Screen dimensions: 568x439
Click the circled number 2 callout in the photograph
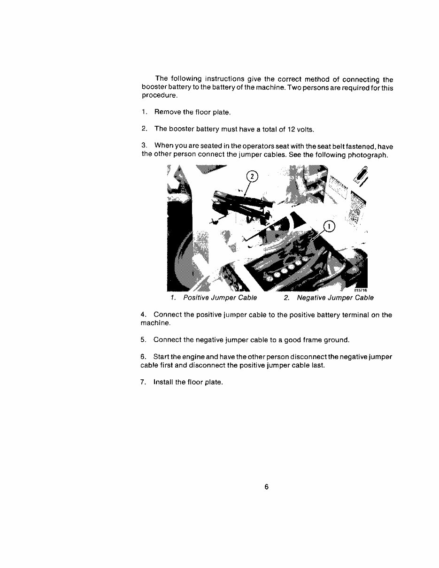click(x=253, y=177)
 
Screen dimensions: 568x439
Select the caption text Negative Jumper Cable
click(x=335, y=298)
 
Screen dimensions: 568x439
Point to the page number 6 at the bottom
click(x=266, y=487)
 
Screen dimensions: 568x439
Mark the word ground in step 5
click(x=337, y=339)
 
